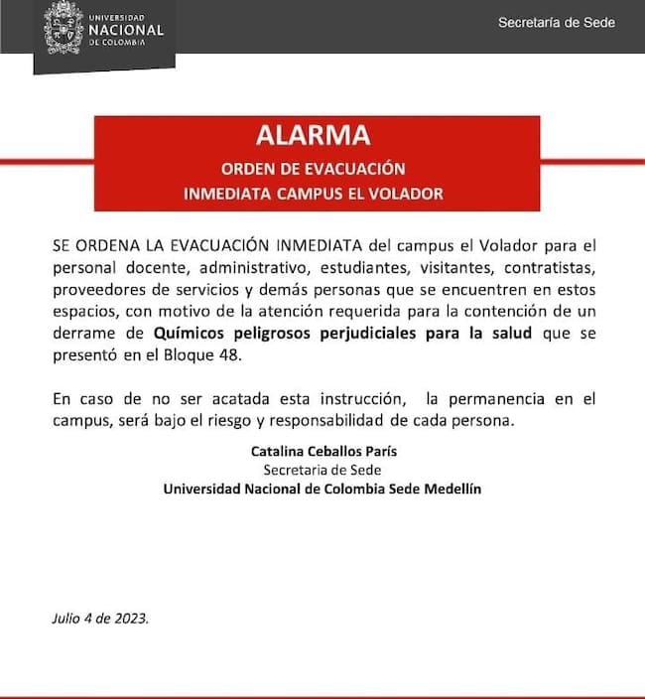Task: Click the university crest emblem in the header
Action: pyautogui.click(x=64, y=28)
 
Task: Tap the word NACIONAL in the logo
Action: pyautogui.click(x=126, y=30)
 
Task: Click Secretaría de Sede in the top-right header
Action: pyautogui.click(x=556, y=23)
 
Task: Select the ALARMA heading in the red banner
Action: pyautogui.click(x=314, y=136)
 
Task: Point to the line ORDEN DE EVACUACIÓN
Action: pyautogui.click(x=314, y=168)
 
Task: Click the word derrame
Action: pyautogui.click(x=83, y=333)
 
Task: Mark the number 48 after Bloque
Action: pyautogui.click(x=226, y=354)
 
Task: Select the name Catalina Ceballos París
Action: pyautogui.click(x=317, y=452)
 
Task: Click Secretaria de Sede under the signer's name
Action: pyautogui.click(x=317, y=471)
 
